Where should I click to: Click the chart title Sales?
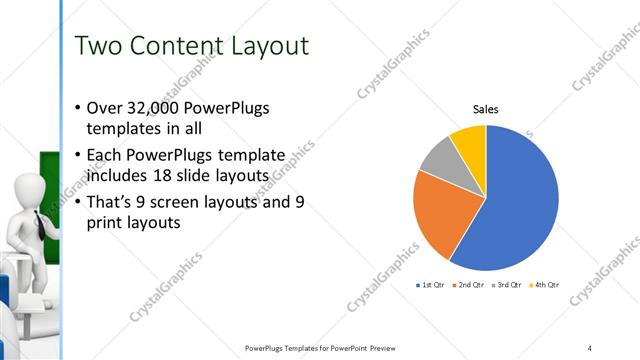pos(485,110)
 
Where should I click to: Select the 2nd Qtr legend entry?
pos(469,285)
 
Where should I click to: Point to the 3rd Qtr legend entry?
pos(507,285)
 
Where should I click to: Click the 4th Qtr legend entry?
pos(544,285)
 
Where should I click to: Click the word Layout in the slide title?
pos(270,46)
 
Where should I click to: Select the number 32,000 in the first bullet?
pos(150,109)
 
